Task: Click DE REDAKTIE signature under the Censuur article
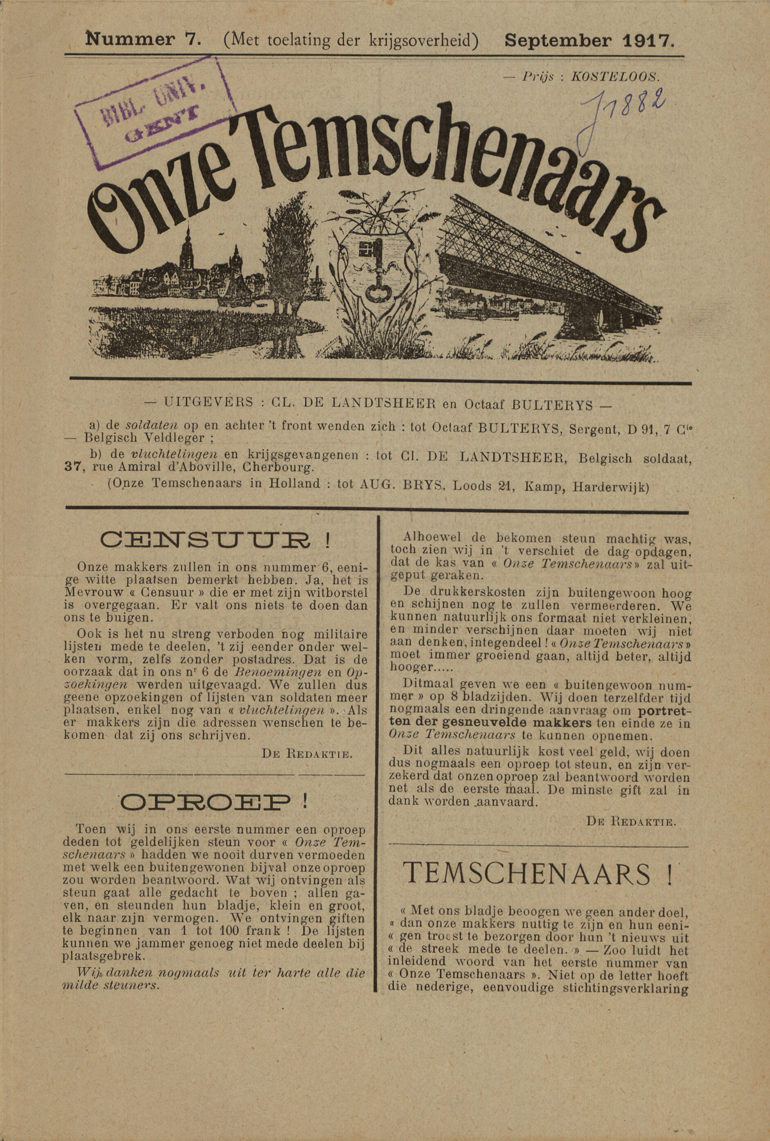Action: pos(307,754)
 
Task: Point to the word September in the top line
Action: pos(558,40)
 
